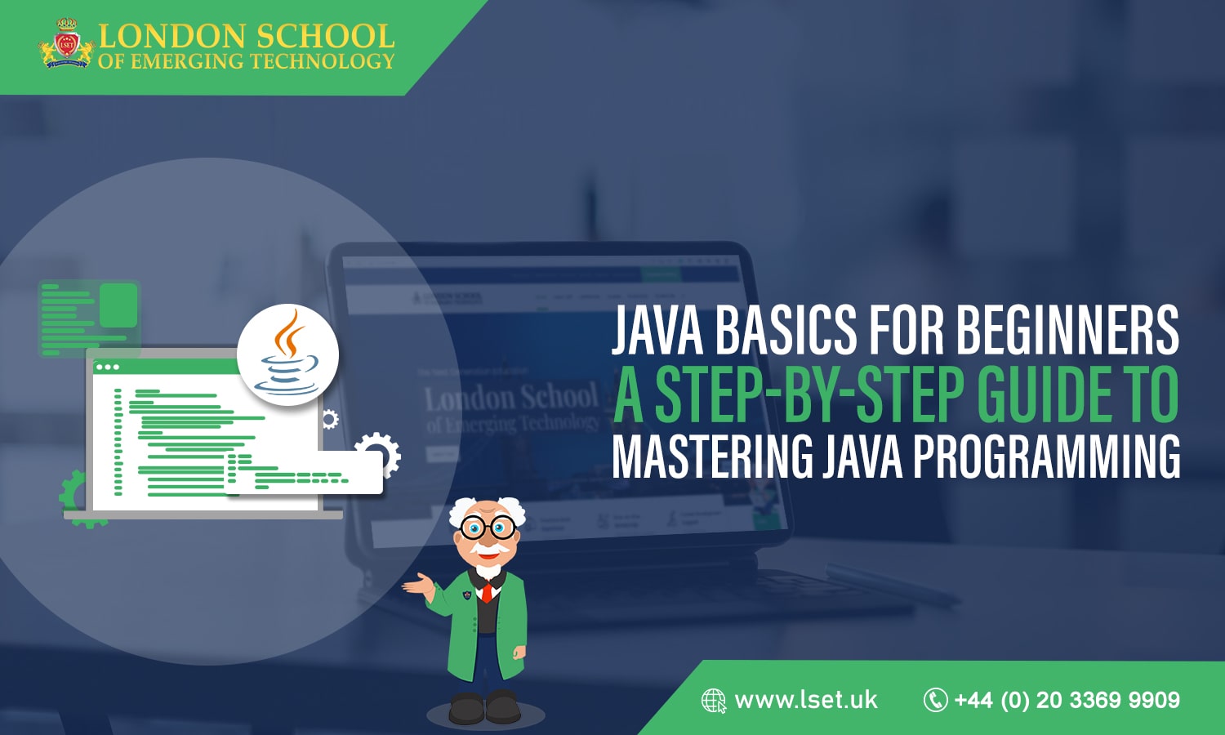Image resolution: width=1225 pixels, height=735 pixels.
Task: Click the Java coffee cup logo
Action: [287, 355]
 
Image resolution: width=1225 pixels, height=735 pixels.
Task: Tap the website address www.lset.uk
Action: [806, 700]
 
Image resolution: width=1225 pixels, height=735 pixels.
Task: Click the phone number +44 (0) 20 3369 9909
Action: [1067, 700]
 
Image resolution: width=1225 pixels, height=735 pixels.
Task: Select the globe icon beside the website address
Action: [714, 701]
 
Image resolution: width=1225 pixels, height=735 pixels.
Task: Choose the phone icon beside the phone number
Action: [935, 700]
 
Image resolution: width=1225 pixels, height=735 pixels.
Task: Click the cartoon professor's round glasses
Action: [488, 528]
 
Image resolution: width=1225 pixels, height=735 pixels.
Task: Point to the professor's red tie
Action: [487, 591]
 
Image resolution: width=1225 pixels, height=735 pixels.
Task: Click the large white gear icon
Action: [378, 453]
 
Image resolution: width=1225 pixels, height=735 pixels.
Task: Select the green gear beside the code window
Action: [73, 494]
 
